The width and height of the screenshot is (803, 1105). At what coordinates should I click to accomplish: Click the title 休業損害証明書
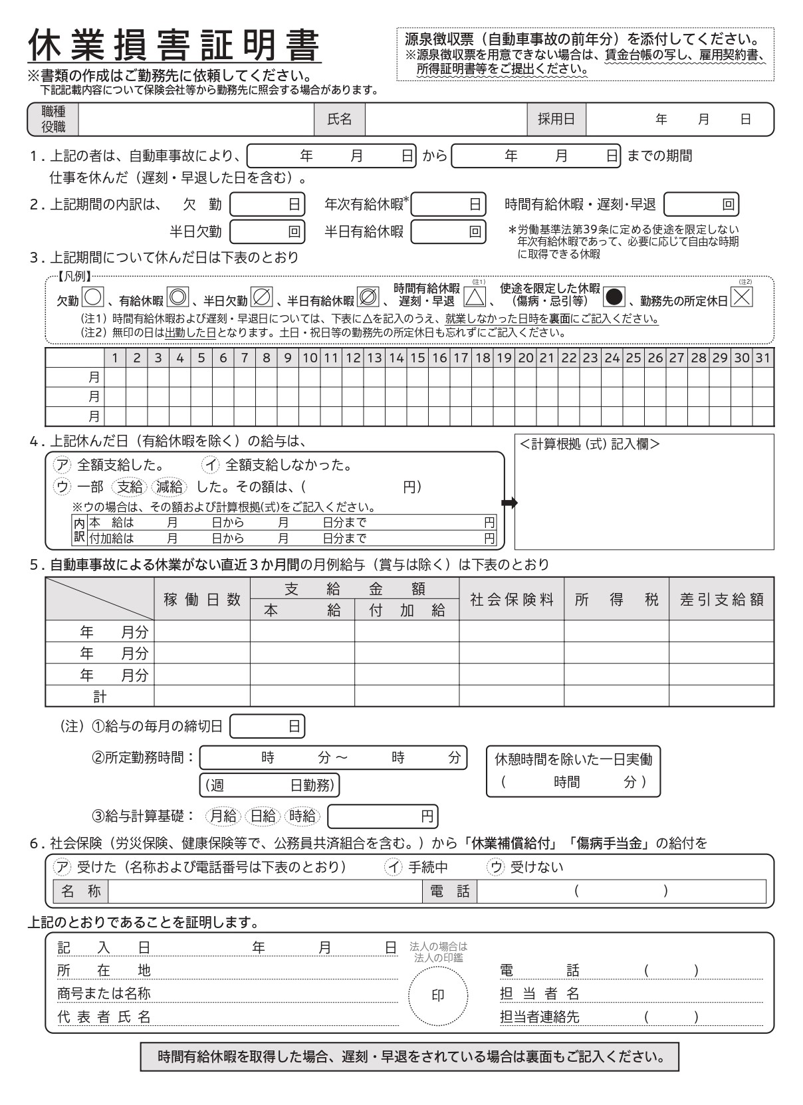click(174, 46)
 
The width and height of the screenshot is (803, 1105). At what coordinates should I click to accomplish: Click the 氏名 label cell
click(339, 119)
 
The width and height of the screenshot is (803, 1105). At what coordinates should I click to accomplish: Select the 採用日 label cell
click(556, 119)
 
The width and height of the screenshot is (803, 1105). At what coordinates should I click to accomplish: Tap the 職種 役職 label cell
click(53, 119)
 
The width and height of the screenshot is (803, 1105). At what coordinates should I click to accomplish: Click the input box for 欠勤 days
click(267, 204)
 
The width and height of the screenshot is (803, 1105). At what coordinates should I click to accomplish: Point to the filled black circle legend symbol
click(614, 295)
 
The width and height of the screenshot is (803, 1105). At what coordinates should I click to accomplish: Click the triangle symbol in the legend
click(475, 295)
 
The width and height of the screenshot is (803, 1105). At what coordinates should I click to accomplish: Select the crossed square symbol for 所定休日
click(742, 295)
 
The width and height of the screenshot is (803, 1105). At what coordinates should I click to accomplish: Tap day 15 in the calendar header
click(417, 358)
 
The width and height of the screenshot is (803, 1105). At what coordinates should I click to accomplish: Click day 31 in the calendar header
click(763, 358)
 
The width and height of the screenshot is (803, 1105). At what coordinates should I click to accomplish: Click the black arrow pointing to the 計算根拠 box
click(509, 503)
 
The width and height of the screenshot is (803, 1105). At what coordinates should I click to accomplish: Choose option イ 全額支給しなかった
click(279, 465)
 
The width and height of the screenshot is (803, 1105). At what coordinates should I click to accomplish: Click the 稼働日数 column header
click(202, 599)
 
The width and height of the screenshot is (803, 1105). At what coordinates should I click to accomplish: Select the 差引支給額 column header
click(721, 599)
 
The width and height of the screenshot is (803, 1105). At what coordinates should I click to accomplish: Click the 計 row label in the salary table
click(100, 696)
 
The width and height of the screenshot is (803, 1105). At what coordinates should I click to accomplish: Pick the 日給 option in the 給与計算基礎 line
click(263, 816)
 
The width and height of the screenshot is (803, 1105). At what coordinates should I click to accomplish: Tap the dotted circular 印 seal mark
click(438, 995)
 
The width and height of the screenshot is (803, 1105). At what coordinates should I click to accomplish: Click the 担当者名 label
click(540, 993)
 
